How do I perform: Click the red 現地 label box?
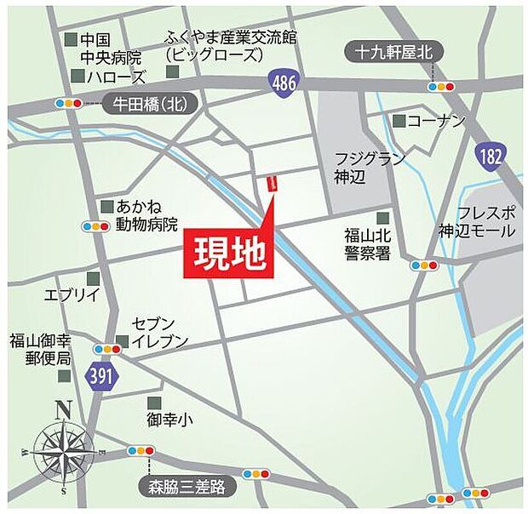click(227, 252)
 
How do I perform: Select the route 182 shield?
click(491, 156)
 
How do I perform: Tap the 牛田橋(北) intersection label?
click(149, 105)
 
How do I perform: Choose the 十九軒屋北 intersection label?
click(394, 53)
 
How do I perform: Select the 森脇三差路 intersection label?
click(188, 487)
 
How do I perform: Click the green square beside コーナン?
click(398, 121)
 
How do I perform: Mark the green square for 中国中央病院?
click(70, 40)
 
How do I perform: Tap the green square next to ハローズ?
click(78, 77)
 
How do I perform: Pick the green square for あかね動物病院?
click(106, 207)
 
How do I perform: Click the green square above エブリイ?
click(92, 278)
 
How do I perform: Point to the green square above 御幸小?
click(153, 403)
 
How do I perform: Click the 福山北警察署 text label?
click(367, 243)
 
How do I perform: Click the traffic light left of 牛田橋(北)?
click(68, 104)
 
